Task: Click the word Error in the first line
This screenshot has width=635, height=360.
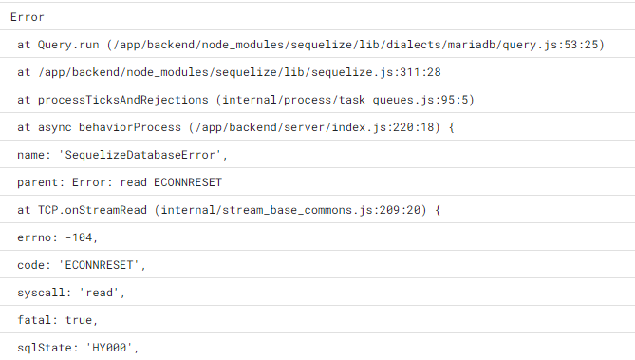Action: tap(27, 17)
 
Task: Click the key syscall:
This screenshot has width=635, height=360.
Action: tap(47, 293)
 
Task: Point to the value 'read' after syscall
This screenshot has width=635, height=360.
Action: tap(106, 293)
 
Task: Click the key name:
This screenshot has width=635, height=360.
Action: tap(36, 155)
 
